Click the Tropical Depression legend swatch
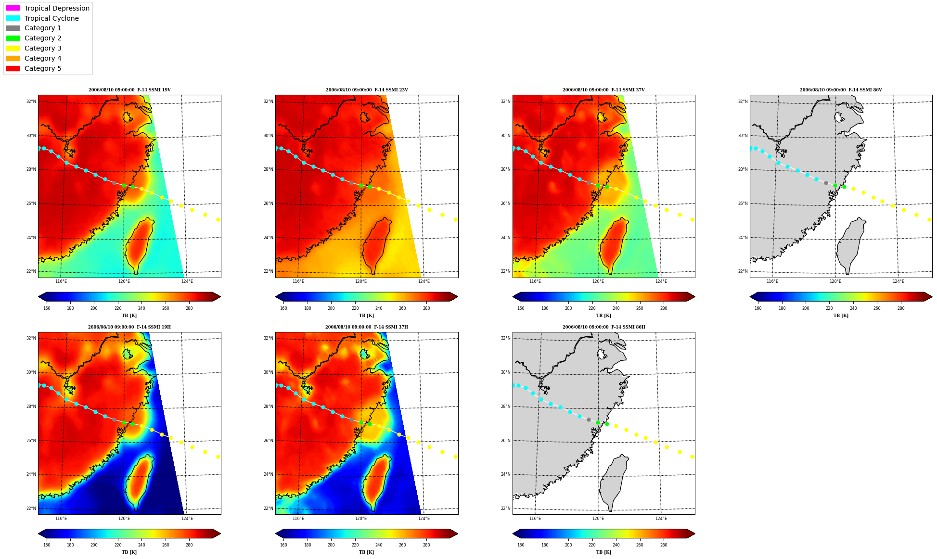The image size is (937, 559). tap(13, 8)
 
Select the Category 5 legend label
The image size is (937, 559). tap(43, 68)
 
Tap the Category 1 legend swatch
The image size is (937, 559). tap(13, 28)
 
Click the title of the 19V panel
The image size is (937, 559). tap(129, 90)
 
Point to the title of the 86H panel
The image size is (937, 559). tap(604, 327)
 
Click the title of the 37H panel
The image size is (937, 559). tap(367, 327)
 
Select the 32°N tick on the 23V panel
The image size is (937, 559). tap(268, 102)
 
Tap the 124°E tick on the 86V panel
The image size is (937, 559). tap(898, 281)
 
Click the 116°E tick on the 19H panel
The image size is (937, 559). tap(61, 519)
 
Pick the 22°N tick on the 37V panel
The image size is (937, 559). tap(505, 271)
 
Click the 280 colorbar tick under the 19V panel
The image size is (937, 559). tap(189, 308)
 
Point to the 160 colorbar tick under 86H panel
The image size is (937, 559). tap(521, 545)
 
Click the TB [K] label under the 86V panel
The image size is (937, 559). tap(841, 316)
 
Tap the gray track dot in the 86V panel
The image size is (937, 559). tap(826, 183)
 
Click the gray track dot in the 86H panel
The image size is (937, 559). tap(589, 420)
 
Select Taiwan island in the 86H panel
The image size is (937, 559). tap(614, 481)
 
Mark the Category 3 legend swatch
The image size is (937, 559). tap(13, 48)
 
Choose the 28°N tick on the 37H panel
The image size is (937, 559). tap(268, 407)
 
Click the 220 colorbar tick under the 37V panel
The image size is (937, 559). tap(592, 308)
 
